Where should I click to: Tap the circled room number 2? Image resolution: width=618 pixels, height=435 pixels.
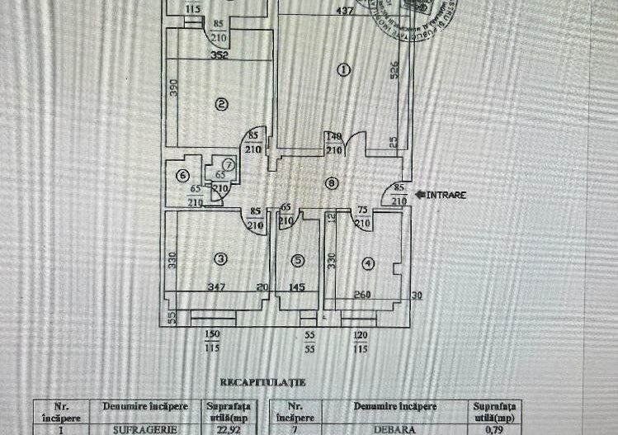(220, 104)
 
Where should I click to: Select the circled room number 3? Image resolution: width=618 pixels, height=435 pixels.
(220, 259)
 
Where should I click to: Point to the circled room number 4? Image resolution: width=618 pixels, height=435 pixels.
(367, 263)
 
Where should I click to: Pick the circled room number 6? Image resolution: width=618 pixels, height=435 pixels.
(183, 174)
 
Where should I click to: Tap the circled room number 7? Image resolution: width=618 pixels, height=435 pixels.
(229, 165)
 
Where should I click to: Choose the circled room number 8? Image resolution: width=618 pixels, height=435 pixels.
(331, 183)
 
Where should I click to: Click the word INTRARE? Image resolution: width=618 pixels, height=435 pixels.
(447, 196)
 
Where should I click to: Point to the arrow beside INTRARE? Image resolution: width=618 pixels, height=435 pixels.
(420, 196)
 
